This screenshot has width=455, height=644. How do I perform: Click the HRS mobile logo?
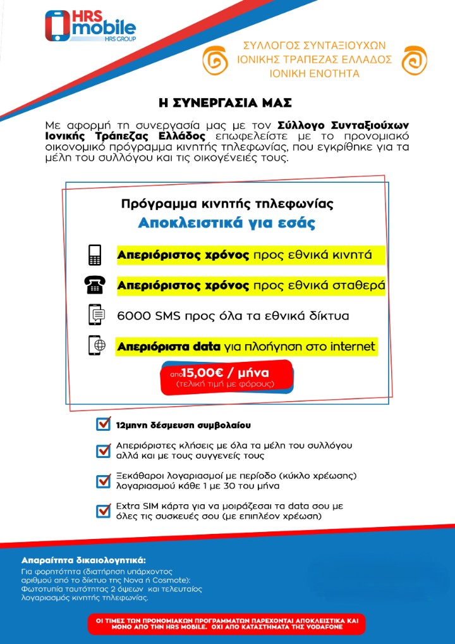coord(90,26)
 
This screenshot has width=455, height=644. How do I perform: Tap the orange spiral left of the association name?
coord(215,60)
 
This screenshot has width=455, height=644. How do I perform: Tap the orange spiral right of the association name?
coord(415,60)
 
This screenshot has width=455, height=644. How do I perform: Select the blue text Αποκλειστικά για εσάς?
coord(227,223)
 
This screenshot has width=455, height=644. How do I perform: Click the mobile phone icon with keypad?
coord(95,254)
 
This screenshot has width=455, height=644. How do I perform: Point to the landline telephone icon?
coord(95,285)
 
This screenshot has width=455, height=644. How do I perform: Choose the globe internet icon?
coord(96,345)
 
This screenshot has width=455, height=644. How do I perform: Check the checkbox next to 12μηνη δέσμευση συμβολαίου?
coord(103,424)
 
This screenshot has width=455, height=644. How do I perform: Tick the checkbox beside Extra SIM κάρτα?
coord(103,511)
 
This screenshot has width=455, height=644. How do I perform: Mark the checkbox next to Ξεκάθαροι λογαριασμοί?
coord(103,481)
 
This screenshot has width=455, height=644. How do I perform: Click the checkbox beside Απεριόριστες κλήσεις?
coord(103,450)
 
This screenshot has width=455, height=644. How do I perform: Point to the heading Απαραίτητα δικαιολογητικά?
coord(83,560)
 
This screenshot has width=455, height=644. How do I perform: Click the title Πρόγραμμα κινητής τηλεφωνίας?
coord(227,204)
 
